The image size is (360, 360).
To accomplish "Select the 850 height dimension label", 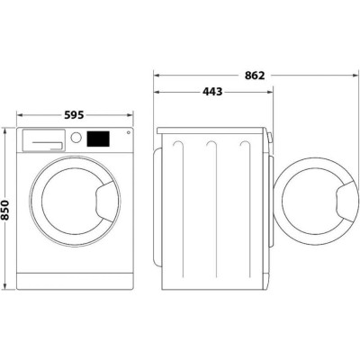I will pyautogui.click(x=8, y=210).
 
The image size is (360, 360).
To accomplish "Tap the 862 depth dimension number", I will pyautogui.click(x=255, y=76).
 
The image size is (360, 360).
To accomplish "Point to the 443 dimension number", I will pyautogui.click(x=212, y=91).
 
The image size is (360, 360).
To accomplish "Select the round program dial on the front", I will pyautogui.click(x=76, y=139).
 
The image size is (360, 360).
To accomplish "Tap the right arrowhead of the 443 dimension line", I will pyautogui.click(x=269, y=91).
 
